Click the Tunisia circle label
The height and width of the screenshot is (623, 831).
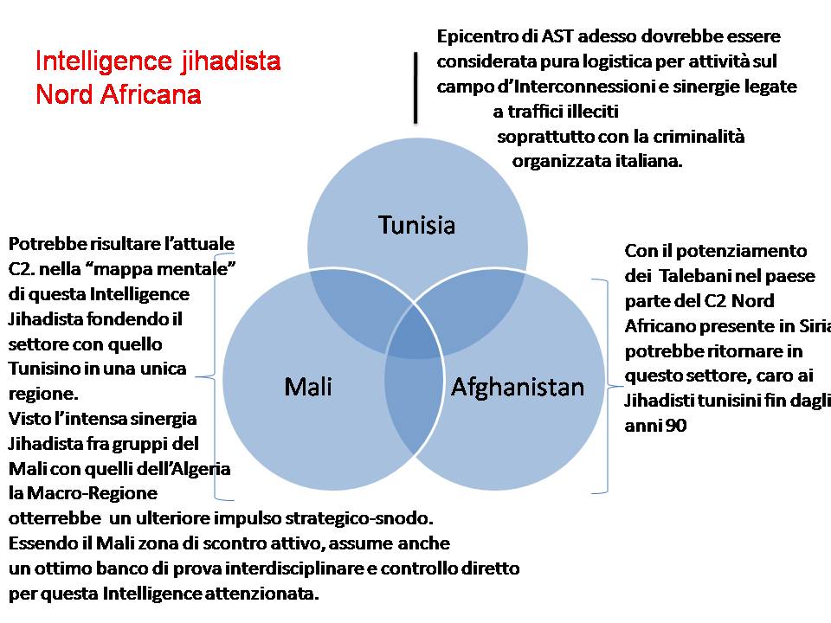point(416,226)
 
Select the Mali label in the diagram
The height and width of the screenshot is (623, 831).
point(308,386)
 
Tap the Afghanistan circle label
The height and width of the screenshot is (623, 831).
point(518,386)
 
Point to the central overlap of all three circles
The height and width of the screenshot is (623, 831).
point(415,340)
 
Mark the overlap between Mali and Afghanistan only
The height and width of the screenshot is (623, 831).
point(414,407)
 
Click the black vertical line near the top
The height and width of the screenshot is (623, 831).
point(416,87)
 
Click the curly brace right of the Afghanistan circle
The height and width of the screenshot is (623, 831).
point(610,386)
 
